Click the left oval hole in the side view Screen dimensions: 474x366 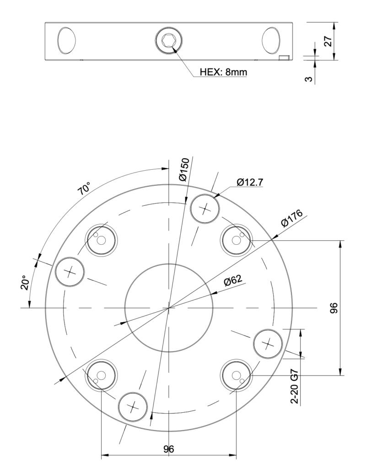pos(66,40)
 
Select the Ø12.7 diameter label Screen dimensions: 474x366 pos(249,183)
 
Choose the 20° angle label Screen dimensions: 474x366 pos(26,283)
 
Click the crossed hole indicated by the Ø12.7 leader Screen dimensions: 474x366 pos(205,209)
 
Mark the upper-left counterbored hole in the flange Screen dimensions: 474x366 pos(102,240)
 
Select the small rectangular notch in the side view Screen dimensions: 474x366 pos(284,57)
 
